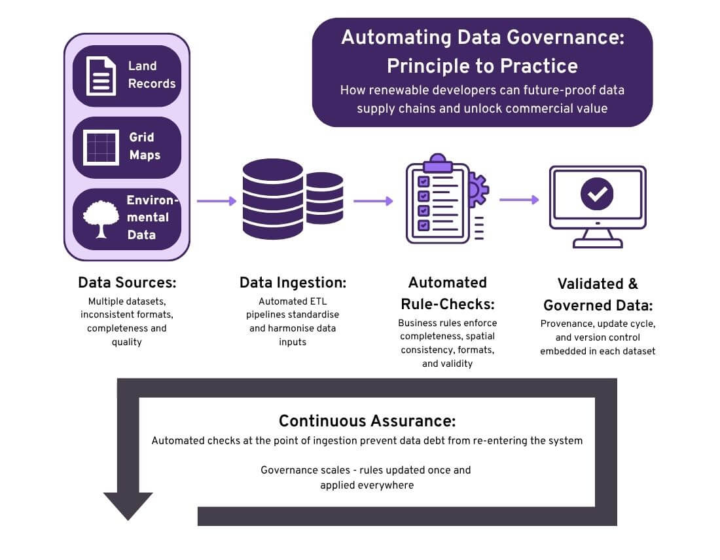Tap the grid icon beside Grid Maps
point(101,147)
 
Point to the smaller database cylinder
point(325,198)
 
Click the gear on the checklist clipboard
point(478,191)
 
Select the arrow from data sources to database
point(217,201)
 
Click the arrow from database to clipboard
point(373,201)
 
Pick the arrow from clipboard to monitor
point(519,200)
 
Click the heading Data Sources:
point(127,283)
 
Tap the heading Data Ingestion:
point(293,283)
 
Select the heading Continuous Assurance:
point(367,420)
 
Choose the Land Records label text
point(151,75)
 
